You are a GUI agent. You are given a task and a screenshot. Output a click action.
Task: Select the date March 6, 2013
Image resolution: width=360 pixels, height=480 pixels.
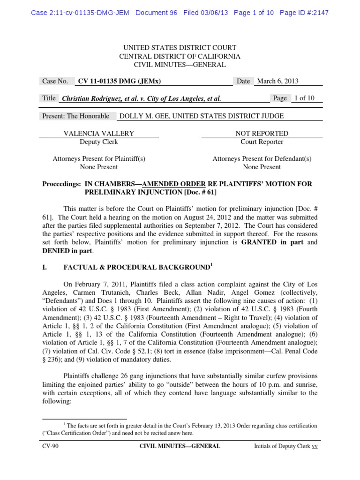(x=278, y=81)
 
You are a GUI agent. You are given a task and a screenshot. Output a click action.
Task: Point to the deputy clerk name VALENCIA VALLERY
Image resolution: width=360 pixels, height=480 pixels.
(x=98, y=134)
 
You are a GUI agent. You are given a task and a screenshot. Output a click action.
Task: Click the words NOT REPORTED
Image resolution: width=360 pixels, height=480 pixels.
(x=262, y=134)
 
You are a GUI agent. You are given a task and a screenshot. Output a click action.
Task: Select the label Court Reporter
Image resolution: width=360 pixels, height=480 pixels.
(x=262, y=142)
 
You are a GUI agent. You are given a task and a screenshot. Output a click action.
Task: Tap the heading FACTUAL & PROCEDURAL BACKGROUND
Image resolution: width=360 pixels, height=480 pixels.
(x=136, y=267)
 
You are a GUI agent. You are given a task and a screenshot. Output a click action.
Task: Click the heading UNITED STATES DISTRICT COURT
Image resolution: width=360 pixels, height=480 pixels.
(x=180, y=48)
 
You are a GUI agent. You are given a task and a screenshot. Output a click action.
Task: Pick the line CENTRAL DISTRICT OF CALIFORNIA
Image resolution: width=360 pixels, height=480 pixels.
(x=180, y=56)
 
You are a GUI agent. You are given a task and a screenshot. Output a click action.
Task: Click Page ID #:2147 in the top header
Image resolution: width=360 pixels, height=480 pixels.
(x=304, y=13)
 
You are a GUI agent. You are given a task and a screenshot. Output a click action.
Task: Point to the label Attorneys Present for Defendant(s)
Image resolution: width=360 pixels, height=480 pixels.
(x=262, y=159)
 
